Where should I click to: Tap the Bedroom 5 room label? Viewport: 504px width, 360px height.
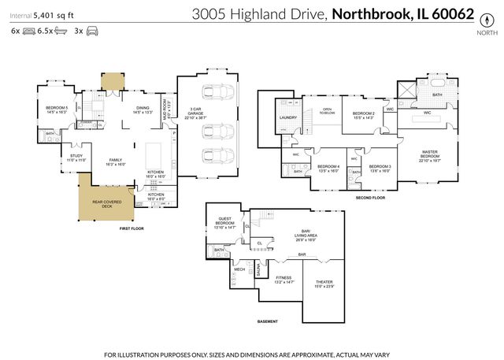56,109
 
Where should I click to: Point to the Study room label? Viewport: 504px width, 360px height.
76,158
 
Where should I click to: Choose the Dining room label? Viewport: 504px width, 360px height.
143,109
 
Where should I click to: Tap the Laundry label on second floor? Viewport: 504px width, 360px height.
287,118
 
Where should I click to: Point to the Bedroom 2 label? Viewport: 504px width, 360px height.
363,115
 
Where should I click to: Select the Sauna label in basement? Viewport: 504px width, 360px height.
258,272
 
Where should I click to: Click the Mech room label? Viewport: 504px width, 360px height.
239,269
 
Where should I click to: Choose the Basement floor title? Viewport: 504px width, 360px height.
269,321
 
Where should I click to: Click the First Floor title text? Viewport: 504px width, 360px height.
131,228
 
